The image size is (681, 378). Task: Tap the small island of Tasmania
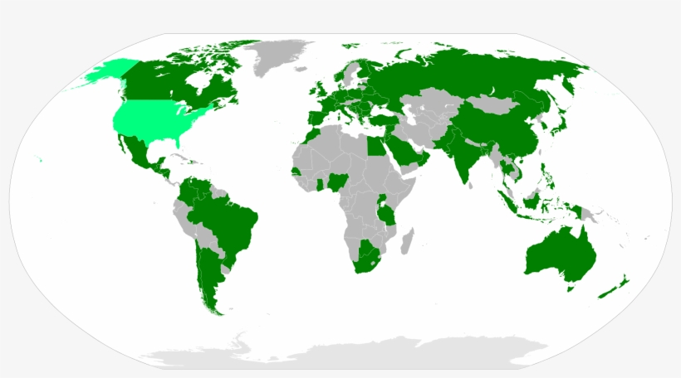(569, 288)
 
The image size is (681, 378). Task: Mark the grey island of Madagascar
(406, 243)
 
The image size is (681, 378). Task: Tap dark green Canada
(166, 79)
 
